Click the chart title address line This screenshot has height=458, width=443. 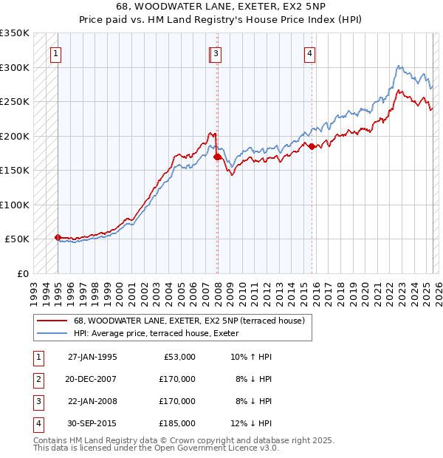click(221, 7)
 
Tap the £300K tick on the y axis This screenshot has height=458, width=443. click(15, 67)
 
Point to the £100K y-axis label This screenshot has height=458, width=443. click(15, 205)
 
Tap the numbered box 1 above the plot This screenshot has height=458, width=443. click(56, 53)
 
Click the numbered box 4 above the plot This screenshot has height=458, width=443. click(310, 53)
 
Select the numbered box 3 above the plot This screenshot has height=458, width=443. click(216, 53)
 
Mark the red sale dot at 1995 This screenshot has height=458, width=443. click(58, 237)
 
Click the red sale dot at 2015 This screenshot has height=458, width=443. click(312, 146)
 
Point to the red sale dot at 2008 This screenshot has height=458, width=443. click(218, 157)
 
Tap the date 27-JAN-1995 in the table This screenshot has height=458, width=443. click(92, 357)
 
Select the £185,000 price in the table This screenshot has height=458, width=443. click(178, 423)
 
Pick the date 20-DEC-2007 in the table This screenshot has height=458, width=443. click(92, 379)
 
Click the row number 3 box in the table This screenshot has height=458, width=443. click(38, 401)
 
